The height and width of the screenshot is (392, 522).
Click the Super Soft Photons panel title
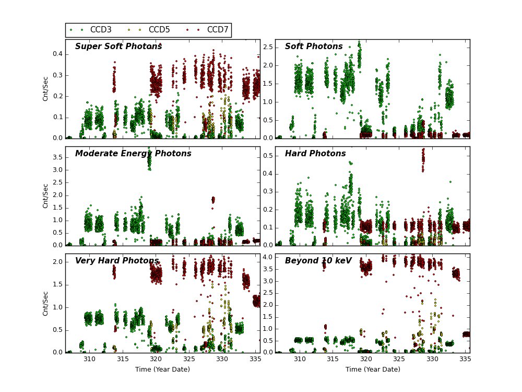click(118, 47)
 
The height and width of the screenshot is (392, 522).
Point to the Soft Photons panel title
click(314, 47)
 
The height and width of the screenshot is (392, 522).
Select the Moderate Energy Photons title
click(133, 154)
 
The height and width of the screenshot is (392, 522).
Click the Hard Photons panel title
click(315, 154)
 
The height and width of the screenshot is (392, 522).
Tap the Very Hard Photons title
click(117, 261)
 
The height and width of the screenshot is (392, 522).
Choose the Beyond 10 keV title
click(318, 261)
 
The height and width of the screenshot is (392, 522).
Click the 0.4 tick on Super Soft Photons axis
click(57, 54)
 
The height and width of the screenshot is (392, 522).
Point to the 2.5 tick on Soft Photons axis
click(267, 47)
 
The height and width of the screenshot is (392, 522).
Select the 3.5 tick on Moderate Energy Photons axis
click(57, 157)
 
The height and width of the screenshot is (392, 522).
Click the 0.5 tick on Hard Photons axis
click(267, 156)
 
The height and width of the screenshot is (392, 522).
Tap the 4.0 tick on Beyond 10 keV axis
click(267, 257)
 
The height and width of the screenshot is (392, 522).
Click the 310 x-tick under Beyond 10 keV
click(300, 359)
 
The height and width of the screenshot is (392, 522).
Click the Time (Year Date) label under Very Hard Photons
click(162, 370)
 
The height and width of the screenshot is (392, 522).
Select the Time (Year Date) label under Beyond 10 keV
click(373, 370)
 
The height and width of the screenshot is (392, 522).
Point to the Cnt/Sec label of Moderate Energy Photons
click(46, 195)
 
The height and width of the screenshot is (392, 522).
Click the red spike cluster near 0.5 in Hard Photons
click(423, 159)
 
